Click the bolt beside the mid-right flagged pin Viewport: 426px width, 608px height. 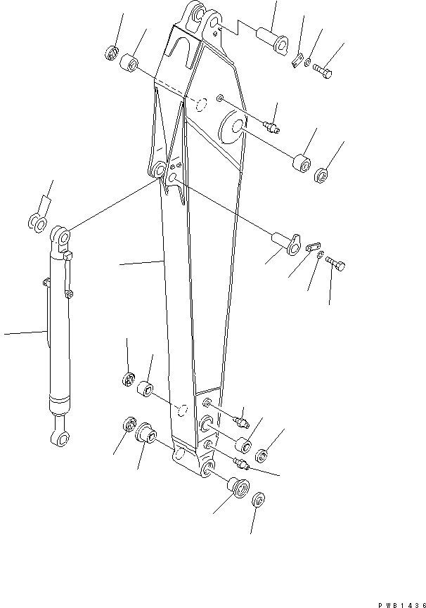(x=337, y=265)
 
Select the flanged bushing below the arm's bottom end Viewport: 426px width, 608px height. (x=237, y=487)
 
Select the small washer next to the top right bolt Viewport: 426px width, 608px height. (x=309, y=63)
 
